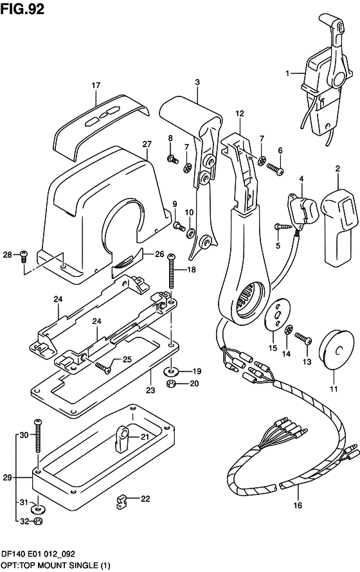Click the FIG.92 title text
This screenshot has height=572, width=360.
click(x=22, y=9)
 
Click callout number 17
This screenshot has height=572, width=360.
click(x=96, y=85)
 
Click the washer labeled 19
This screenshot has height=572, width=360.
click(x=171, y=371)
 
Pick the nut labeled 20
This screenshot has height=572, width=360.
click(x=171, y=384)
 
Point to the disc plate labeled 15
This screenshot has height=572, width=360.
click(x=277, y=315)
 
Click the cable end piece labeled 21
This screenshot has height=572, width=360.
click(x=120, y=437)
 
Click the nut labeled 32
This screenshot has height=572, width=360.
click(x=37, y=521)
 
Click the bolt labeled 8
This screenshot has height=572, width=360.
click(x=172, y=159)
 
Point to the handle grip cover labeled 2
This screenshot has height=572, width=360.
click(x=340, y=226)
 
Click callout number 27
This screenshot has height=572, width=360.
click(x=147, y=144)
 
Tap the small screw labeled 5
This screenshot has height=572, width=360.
click(x=283, y=226)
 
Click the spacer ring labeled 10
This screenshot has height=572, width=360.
click(x=190, y=233)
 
